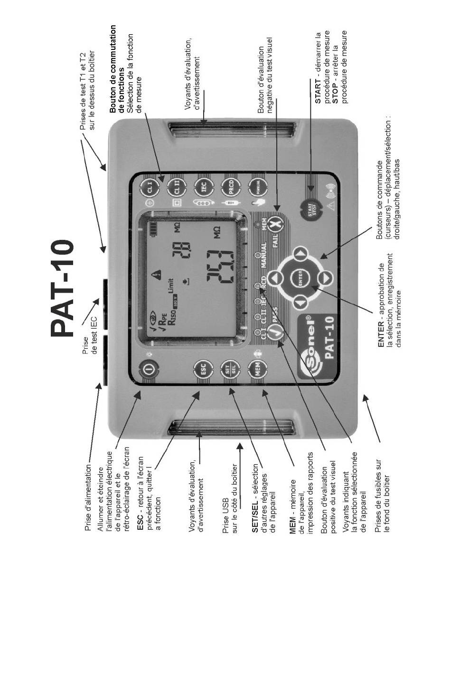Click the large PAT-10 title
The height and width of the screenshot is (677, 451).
coord(62,290)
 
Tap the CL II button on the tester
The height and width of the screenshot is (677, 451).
coord(176,191)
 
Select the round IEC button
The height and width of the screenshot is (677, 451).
coord(203,191)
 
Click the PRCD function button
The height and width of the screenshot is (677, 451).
coord(230,191)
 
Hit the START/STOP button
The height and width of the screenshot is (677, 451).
coord(311,210)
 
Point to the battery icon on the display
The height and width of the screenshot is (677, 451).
coord(153,230)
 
